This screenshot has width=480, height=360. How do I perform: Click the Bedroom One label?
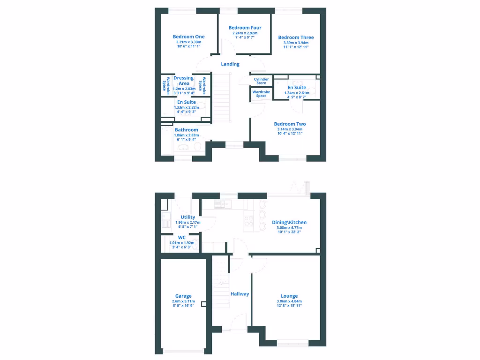[188, 37]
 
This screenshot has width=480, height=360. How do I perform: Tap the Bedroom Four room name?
[245, 28]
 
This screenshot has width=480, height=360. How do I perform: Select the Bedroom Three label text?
[296, 37]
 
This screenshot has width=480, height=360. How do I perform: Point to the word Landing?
[230, 64]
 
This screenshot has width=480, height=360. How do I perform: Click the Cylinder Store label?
[261, 81]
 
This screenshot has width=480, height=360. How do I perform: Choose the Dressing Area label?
[184, 81]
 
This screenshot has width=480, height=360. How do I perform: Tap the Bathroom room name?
[187, 130]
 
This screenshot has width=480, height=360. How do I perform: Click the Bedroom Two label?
[289, 124]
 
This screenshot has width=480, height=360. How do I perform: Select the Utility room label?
[188, 217]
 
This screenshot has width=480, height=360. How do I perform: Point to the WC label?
[182, 238]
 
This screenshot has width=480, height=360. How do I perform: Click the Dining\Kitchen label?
[289, 222]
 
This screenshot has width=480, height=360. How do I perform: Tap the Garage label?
[183, 296]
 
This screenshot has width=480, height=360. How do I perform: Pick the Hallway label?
[240, 294]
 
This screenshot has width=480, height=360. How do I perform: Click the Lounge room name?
[289, 296]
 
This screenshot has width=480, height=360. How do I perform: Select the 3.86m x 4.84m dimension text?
[289, 301]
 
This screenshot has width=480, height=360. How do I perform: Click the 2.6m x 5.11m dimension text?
[183, 301]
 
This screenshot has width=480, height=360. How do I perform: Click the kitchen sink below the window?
[221, 204]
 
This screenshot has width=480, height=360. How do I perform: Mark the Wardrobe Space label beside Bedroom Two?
[262, 94]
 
